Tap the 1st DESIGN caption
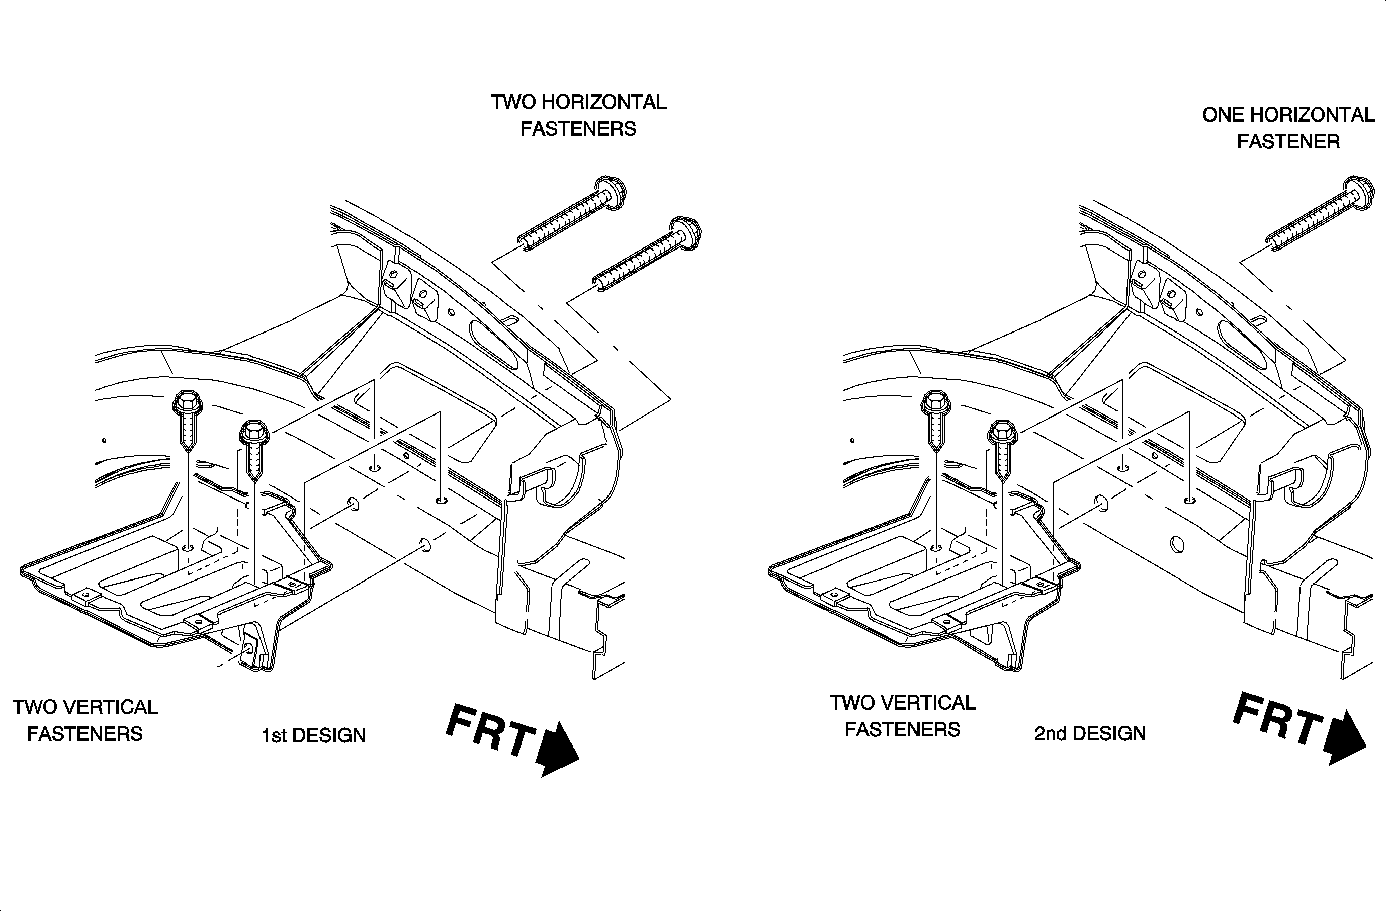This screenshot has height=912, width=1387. [x=313, y=735]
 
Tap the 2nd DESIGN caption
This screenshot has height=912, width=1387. [x=1090, y=733]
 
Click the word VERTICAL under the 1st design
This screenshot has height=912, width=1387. [x=110, y=707]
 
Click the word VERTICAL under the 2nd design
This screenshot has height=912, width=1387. [x=927, y=703]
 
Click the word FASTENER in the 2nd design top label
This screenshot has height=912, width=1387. [x=1288, y=142]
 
